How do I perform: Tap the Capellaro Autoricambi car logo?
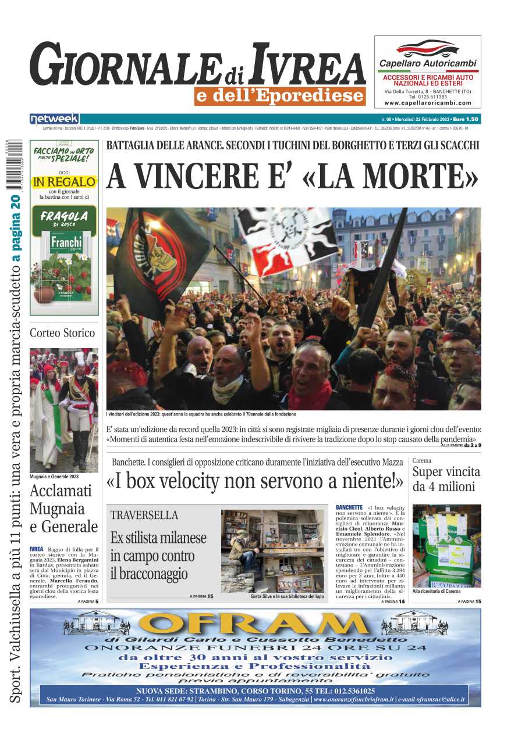pos(427,48)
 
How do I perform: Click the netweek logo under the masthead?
pos(54,119)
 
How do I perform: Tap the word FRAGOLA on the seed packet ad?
pos(64,216)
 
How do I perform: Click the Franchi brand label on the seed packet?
pos(66,241)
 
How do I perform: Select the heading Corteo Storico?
pos(62,333)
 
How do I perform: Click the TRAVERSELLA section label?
pos(144,515)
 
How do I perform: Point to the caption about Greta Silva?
pos(287,597)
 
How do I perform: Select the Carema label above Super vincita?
pos(422,461)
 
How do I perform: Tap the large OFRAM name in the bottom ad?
pos(255,624)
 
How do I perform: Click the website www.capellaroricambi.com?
pos(428,103)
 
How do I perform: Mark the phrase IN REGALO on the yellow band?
pos(64,182)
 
